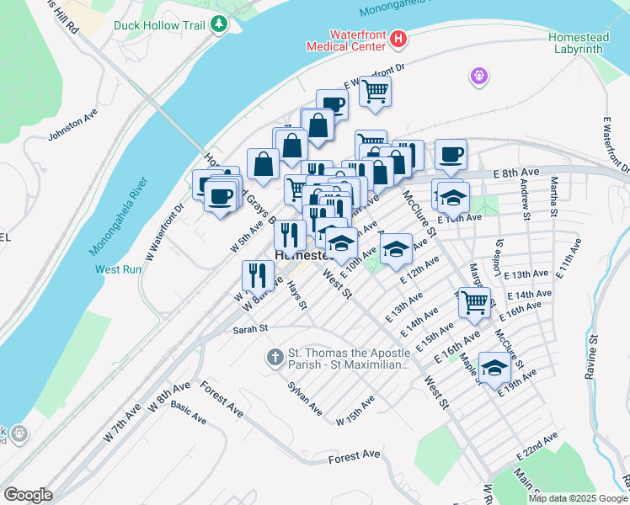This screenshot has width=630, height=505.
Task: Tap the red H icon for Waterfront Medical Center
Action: point(398,38)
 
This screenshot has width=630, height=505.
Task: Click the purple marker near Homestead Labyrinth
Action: point(480,77)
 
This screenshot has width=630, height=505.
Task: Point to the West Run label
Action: point(119,269)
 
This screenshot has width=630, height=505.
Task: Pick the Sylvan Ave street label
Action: point(305,397)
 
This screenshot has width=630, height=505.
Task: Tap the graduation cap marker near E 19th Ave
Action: point(494,367)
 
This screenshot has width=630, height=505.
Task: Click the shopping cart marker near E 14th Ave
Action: point(475,301)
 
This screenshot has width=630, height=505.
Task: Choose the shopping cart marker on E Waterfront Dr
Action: point(375,90)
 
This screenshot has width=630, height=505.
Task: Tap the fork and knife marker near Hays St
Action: point(257,274)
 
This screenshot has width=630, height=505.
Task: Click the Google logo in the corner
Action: point(28,495)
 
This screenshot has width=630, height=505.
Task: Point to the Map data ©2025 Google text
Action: point(577,498)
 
